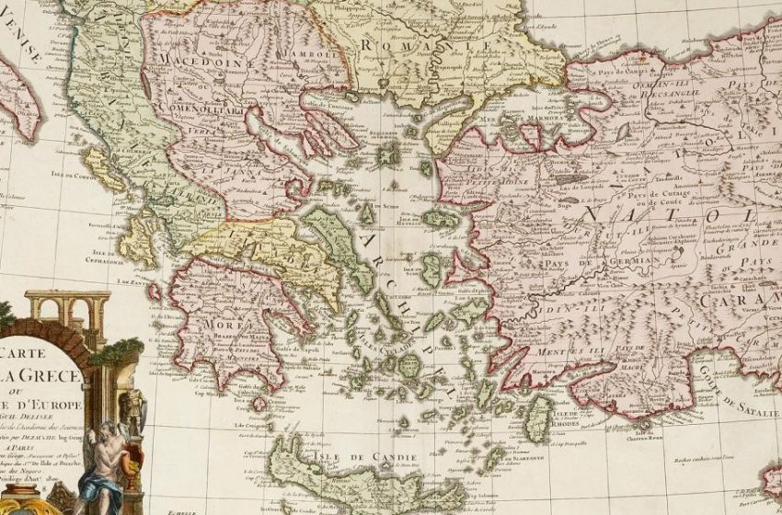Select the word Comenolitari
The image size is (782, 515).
198,107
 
